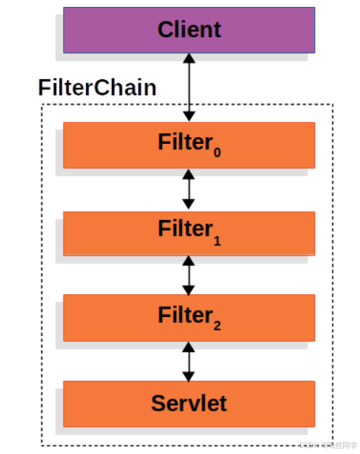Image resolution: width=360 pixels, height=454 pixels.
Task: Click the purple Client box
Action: point(91,30)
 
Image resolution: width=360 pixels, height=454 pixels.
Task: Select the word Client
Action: point(189,30)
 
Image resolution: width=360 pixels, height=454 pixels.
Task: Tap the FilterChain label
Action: point(97,88)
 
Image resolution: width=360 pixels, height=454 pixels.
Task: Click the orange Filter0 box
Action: point(99,145)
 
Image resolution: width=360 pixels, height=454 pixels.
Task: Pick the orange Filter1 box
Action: point(99,232)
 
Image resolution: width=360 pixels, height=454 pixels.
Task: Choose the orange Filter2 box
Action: point(99,318)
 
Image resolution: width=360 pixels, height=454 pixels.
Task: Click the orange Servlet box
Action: point(99,404)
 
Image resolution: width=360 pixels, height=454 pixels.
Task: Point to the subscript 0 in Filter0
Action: point(217,152)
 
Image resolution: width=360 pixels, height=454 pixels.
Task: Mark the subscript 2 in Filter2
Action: point(217,325)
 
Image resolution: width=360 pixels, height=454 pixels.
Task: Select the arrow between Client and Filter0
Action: point(189,87)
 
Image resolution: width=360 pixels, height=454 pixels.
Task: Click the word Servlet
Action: point(189,403)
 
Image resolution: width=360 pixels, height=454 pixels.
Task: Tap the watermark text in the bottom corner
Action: point(327,444)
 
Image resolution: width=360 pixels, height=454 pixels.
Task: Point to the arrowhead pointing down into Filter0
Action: point(189,116)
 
